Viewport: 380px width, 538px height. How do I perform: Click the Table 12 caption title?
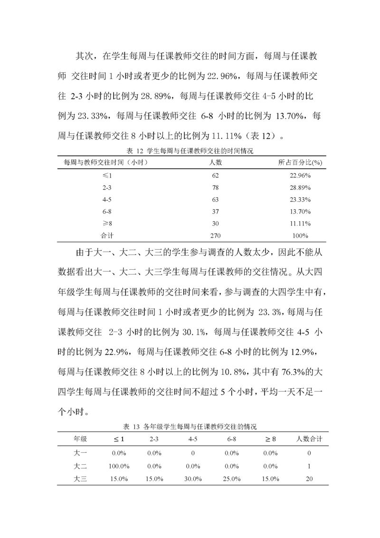pos(190,151)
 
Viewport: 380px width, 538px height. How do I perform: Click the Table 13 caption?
pos(190,427)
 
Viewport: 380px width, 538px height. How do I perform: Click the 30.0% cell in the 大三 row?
pos(193,479)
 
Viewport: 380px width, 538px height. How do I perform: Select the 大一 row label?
pos(79,453)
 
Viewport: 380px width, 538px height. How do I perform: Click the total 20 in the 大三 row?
pos(309,479)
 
